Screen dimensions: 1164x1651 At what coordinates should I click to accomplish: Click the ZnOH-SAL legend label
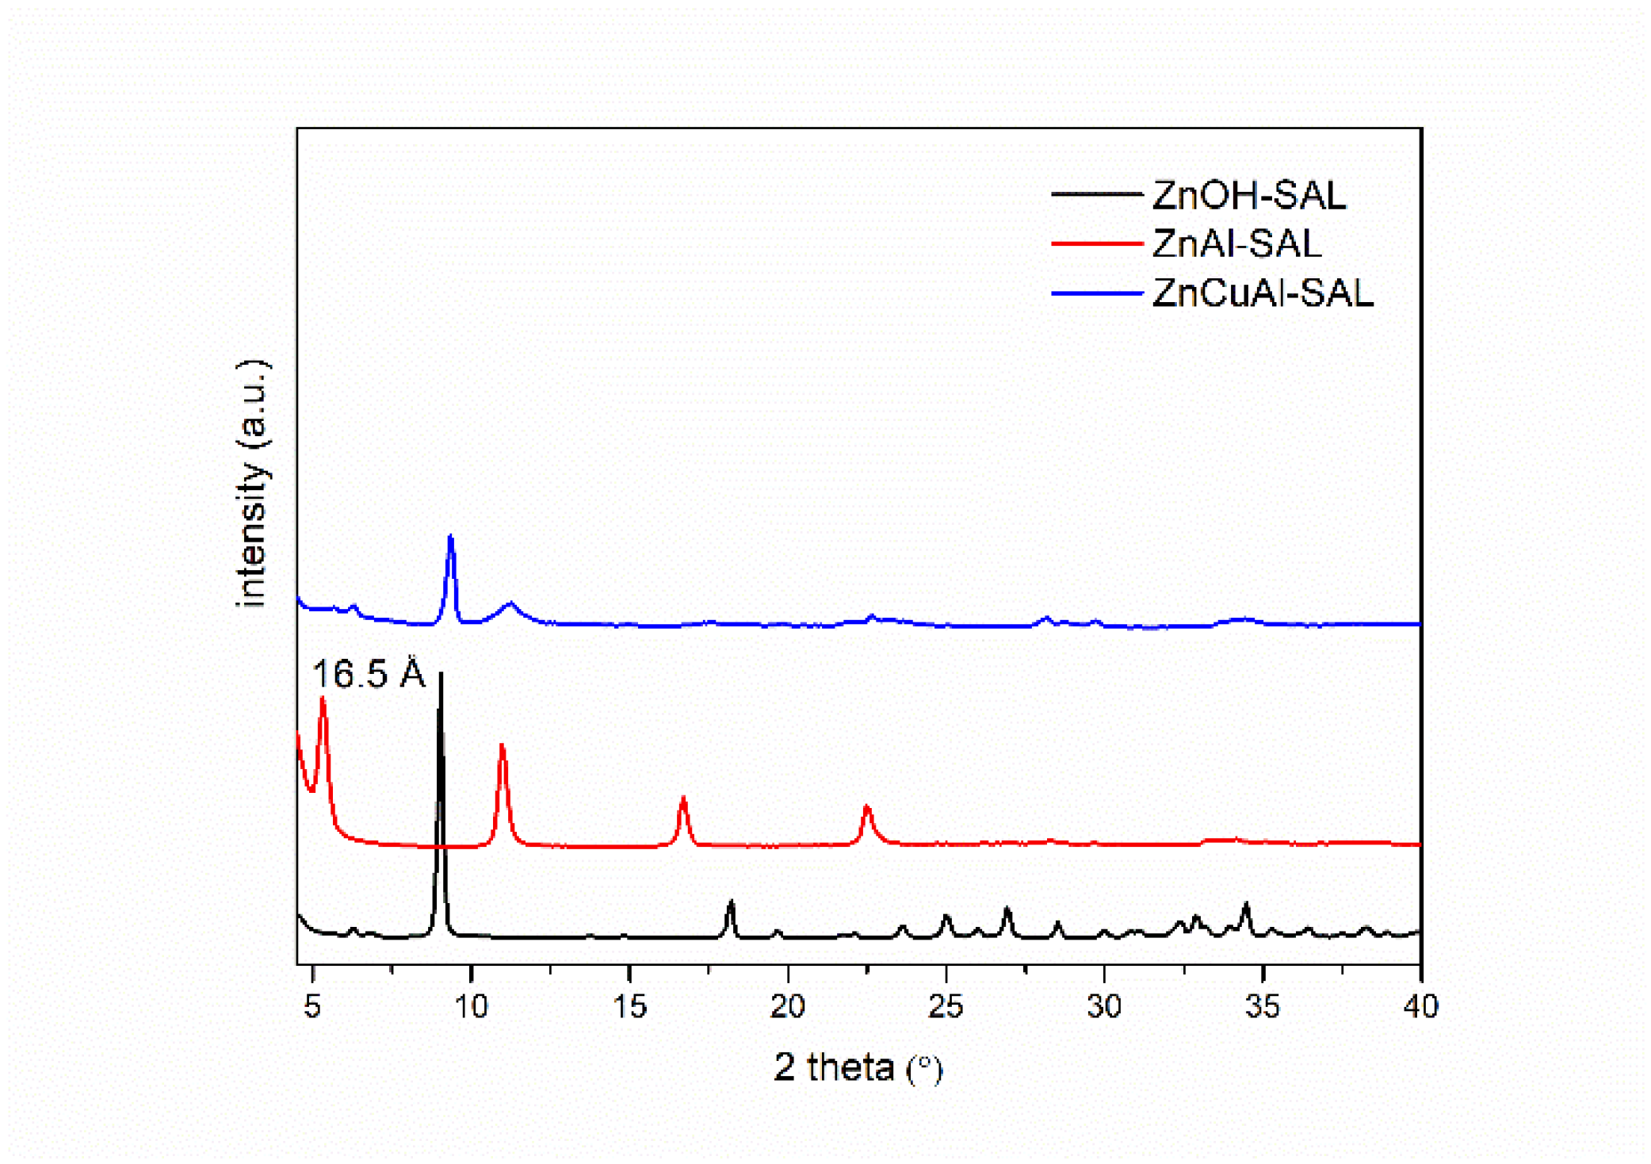[1248, 195]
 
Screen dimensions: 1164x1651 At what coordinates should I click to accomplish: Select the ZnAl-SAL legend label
[1236, 243]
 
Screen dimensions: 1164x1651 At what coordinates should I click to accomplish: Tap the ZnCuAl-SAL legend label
[1262, 293]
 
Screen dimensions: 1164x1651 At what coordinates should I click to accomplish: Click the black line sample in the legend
[1096, 194]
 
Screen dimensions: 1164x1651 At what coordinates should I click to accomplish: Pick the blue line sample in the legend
[1096, 293]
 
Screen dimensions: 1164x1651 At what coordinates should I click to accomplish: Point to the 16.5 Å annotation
[369, 674]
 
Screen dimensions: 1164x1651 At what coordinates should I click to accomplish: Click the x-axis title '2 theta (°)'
[858, 1067]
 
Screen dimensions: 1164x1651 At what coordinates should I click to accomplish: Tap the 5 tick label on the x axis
[312, 1006]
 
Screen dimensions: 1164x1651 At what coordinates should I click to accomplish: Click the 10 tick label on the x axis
[471, 1006]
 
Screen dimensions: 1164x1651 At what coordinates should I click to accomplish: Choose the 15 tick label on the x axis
[629, 1006]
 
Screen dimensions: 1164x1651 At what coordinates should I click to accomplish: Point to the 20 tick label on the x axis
[788, 1006]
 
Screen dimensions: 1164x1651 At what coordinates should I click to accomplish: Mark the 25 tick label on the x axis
[946, 1006]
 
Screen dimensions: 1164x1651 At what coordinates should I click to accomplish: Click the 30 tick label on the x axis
[1104, 1006]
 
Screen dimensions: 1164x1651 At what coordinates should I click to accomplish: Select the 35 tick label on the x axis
[1263, 1006]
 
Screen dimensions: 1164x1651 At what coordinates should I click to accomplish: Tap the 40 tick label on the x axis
[1420, 1006]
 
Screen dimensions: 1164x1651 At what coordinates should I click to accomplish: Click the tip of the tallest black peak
[441, 673]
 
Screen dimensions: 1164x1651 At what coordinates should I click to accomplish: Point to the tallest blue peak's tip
[451, 536]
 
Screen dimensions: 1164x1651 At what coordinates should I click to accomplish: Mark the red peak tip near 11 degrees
[502, 745]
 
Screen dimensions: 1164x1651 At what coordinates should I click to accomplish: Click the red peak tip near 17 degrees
[683, 798]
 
